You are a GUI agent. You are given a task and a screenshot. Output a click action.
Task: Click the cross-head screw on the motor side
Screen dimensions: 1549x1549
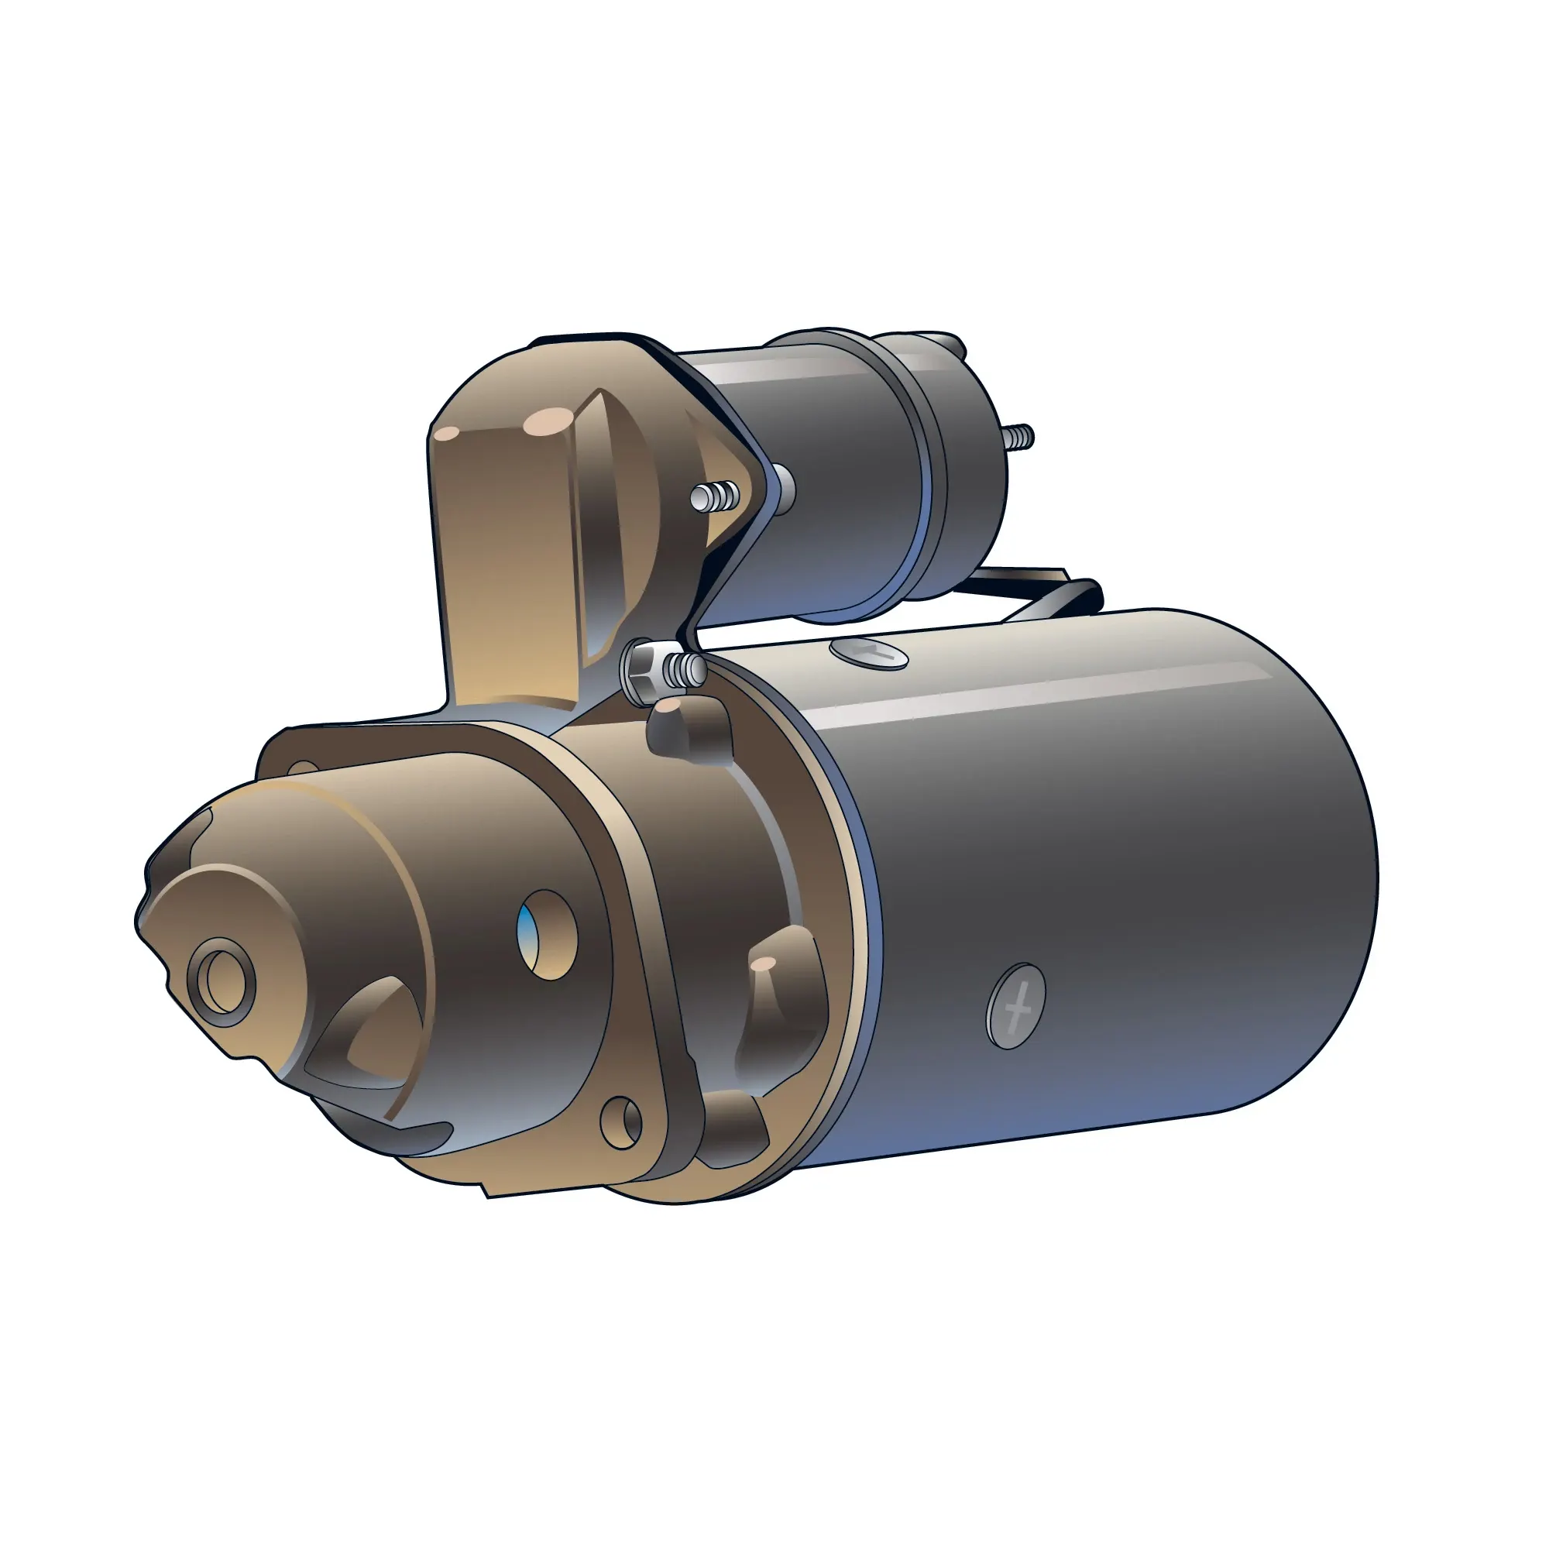(x=1016, y=1005)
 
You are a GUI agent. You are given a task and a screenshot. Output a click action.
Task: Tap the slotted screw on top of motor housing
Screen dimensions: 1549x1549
(x=870, y=653)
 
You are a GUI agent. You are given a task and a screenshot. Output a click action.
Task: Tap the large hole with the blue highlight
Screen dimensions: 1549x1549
(x=547, y=934)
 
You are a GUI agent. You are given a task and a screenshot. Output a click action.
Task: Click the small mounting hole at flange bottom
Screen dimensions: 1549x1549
(x=621, y=1123)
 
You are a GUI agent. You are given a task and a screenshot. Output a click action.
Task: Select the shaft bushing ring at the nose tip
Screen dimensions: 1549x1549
(x=222, y=981)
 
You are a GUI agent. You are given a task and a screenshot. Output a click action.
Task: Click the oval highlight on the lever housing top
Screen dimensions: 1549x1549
(x=548, y=420)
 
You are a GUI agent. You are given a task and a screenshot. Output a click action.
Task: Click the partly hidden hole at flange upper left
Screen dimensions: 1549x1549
(x=302, y=769)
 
